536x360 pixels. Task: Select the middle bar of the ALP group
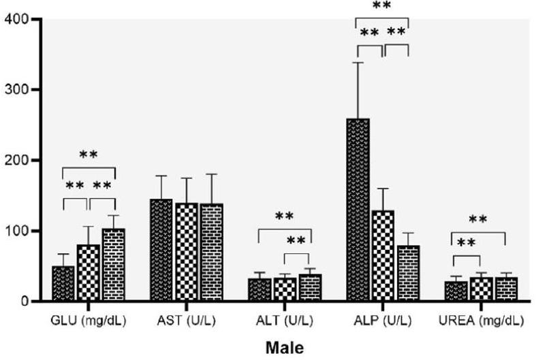[383, 255]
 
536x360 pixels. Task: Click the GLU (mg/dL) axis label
[88, 320]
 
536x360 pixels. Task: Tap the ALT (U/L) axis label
[285, 320]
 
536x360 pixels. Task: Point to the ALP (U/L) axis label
[383, 320]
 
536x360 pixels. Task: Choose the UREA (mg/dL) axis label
[481, 320]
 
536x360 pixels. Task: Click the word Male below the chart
[285, 348]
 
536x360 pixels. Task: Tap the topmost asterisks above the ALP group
[381, 6]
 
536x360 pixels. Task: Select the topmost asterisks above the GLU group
[88, 154]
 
